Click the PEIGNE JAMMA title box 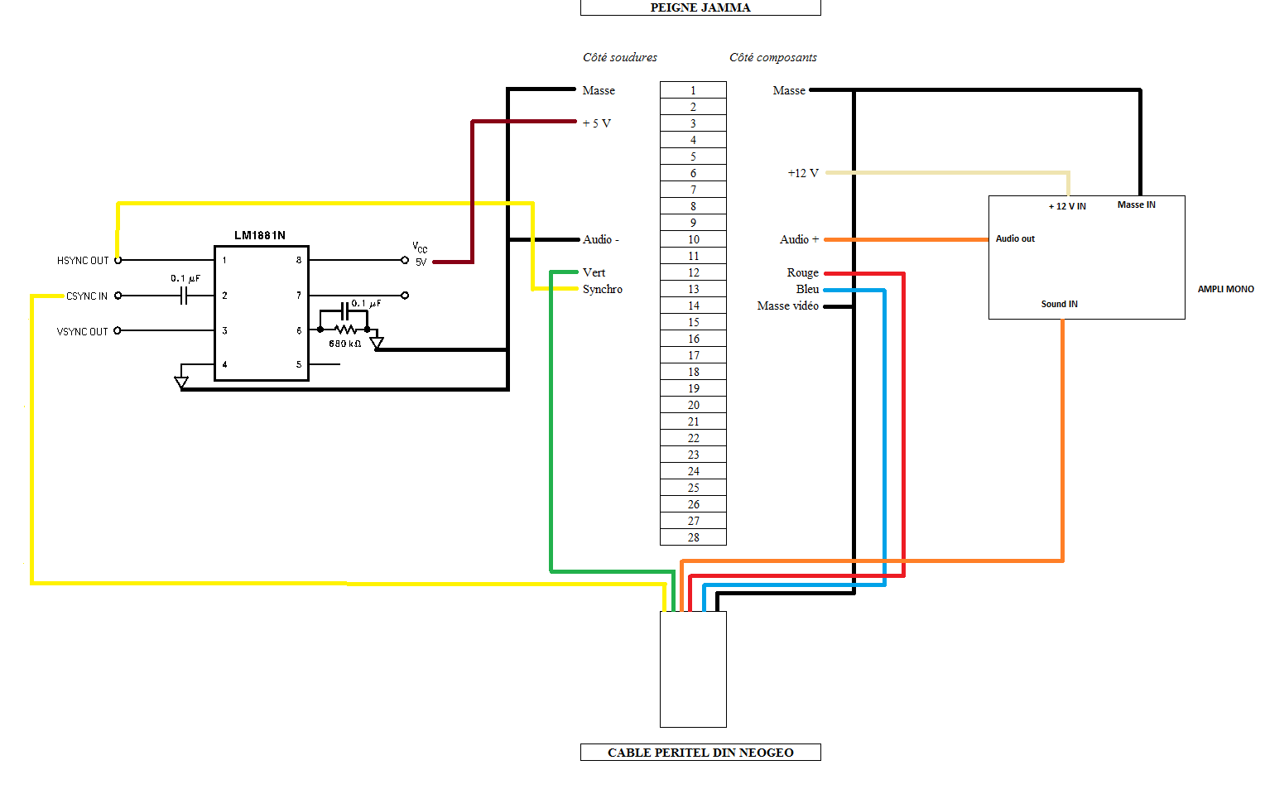point(700,7)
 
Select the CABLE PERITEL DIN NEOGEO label point(700,753)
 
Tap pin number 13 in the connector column point(694,289)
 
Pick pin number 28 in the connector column point(694,537)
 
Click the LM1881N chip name point(260,235)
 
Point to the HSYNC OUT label point(83,260)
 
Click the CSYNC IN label point(86,296)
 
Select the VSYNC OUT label point(82,331)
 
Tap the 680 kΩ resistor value point(344,344)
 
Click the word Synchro point(603,289)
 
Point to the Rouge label point(802,272)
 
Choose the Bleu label point(807,289)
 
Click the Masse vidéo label point(788,306)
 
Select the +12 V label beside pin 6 point(803,173)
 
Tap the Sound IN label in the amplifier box point(1060,304)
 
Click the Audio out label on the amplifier point(1015,238)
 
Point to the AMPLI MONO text point(1226,289)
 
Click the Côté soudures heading point(620,57)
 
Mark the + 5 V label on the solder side point(596,123)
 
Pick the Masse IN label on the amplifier point(1136,205)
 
